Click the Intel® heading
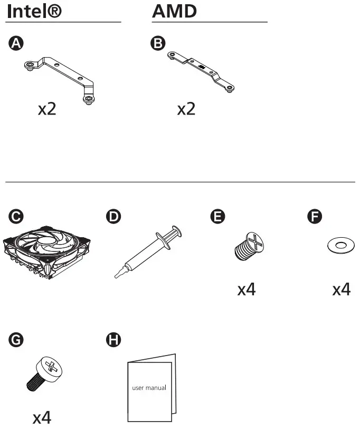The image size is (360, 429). (34, 12)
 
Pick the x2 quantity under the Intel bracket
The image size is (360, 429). (47, 109)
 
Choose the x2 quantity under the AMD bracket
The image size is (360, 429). (186, 109)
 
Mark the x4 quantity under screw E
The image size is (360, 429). (247, 290)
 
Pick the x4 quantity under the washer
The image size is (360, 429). (341, 290)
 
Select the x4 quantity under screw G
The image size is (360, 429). (42, 418)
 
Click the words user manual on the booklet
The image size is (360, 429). (149, 387)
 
